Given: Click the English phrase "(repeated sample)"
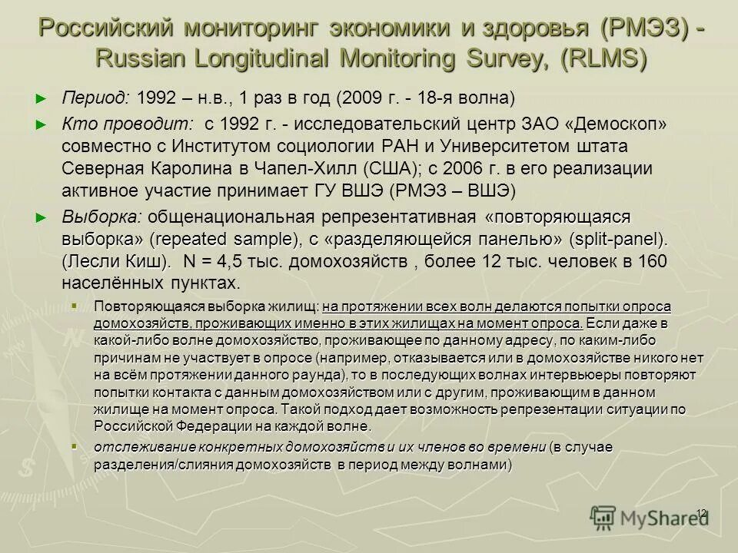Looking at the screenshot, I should (216, 239).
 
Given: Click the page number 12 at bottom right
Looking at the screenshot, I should (701, 512).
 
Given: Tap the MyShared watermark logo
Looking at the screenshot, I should (650, 517).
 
